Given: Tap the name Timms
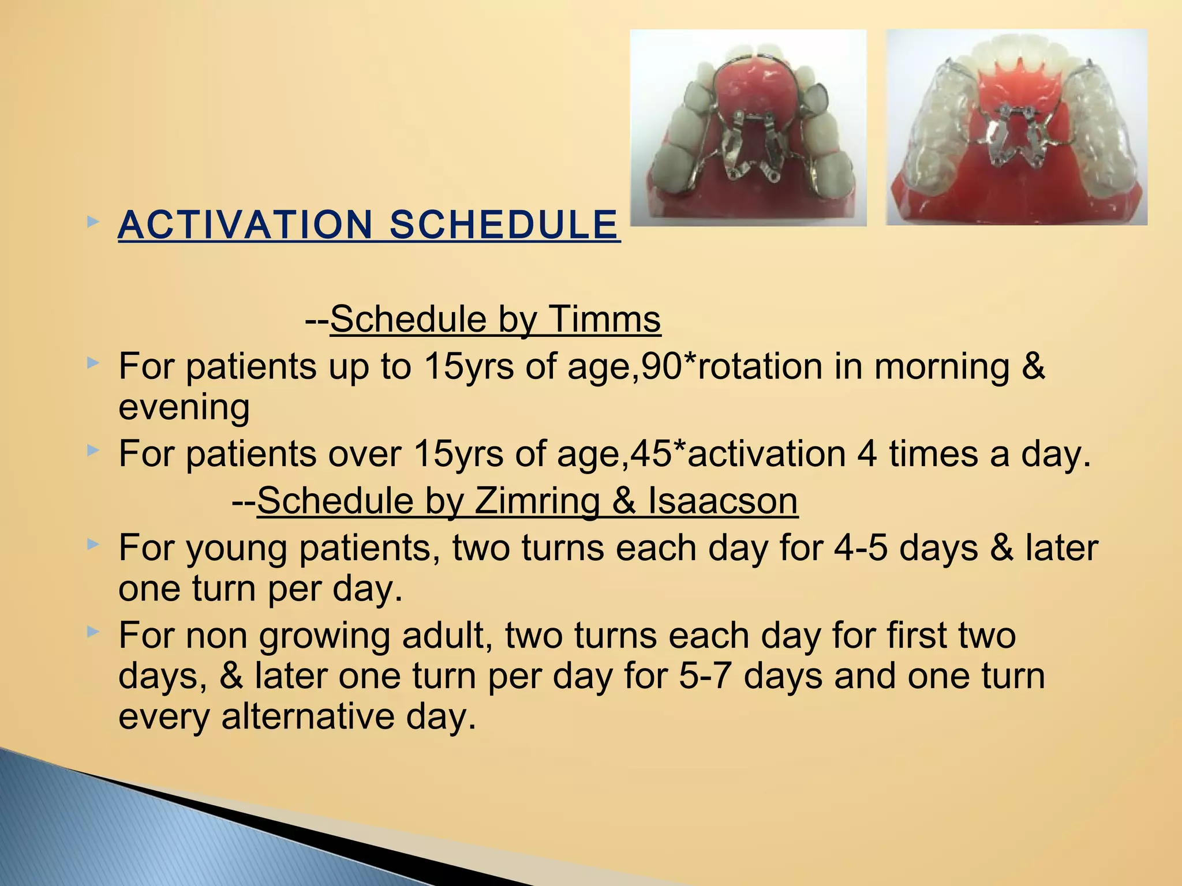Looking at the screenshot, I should tap(604, 319).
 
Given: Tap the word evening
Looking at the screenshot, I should tap(184, 407).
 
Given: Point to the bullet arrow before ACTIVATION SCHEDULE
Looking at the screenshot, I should tap(93, 221).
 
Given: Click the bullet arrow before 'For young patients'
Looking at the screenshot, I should tap(93, 544).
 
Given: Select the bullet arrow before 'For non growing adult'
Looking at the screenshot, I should tap(93, 632).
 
